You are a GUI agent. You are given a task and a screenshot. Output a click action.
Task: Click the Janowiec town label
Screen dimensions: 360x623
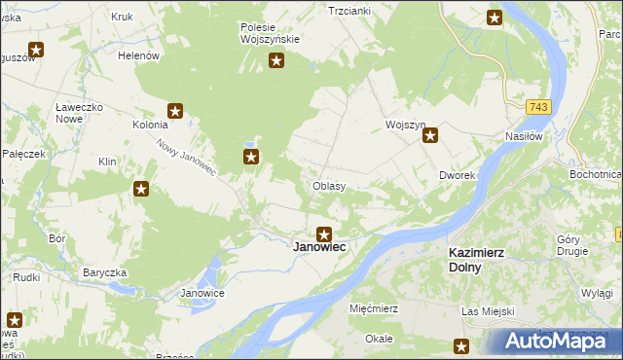point(320,248)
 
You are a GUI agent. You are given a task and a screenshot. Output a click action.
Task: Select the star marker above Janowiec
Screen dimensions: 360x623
point(324,234)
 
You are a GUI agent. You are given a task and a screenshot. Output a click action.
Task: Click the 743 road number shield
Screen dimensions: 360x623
point(540,106)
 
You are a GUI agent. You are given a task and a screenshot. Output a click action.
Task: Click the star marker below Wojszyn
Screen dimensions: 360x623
point(430,137)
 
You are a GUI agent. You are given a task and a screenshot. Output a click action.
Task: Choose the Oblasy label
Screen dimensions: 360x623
point(329,186)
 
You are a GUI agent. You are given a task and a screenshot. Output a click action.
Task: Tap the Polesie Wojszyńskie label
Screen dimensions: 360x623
point(270,33)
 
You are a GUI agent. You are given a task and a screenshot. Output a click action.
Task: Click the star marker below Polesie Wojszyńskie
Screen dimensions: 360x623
point(276,61)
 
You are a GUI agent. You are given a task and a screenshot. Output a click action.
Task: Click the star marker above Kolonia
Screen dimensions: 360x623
point(175,111)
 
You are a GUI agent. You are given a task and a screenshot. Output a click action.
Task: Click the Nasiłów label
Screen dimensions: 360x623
point(523,137)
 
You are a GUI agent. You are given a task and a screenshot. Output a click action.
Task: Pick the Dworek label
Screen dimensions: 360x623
point(456,176)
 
